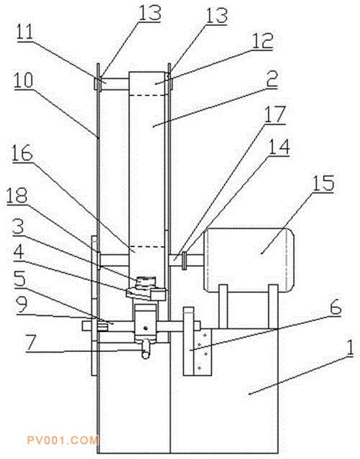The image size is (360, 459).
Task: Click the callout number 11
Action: click(x=25, y=32)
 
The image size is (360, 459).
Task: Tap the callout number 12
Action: click(x=263, y=41)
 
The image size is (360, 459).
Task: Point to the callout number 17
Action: click(x=274, y=114)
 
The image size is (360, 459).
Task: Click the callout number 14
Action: click(x=279, y=147)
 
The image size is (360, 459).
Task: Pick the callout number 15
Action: click(x=323, y=183)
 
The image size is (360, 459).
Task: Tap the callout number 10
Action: click(x=24, y=80)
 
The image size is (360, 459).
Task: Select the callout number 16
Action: click(x=22, y=153)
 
